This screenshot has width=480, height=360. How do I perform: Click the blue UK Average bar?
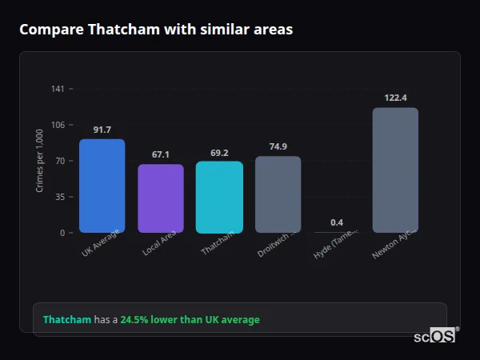pyautogui.click(x=102, y=186)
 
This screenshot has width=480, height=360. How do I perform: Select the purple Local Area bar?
pyautogui.click(x=161, y=198)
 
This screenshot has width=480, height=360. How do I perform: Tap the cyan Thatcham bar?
pyautogui.click(x=219, y=197)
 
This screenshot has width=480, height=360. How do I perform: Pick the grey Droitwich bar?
pyautogui.click(x=278, y=194)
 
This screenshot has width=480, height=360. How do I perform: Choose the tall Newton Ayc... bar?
pyautogui.click(x=395, y=170)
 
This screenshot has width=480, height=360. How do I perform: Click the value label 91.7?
pyautogui.click(x=102, y=130)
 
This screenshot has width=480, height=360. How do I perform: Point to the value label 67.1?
pyautogui.click(x=161, y=154)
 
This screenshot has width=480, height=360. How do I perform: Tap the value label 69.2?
pyautogui.click(x=219, y=152)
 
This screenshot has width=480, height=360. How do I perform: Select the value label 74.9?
pyautogui.click(x=278, y=146)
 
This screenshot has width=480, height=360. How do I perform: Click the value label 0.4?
pyautogui.click(x=337, y=222)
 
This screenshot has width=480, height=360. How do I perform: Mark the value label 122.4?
pyautogui.click(x=395, y=98)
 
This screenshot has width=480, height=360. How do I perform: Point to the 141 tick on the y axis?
pyautogui.click(x=58, y=89)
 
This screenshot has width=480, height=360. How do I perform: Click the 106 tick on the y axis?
pyautogui.click(x=58, y=125)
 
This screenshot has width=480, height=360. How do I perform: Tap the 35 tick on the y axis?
pyautogui.click(x=59, y=197)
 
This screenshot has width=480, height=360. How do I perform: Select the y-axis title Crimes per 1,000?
pyautogui.click(x=40, y=161)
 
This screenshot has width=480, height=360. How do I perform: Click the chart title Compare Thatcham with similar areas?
pyautogui.click(x=156, y=30)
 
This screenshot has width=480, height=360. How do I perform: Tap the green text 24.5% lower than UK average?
pyautogui.click(x=190, y=320)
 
